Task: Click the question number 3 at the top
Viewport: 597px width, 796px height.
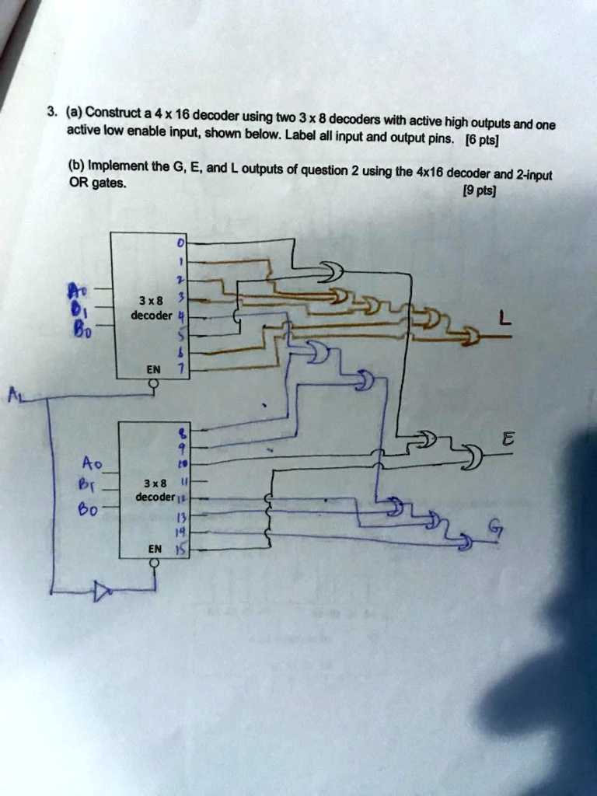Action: [51, 110]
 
